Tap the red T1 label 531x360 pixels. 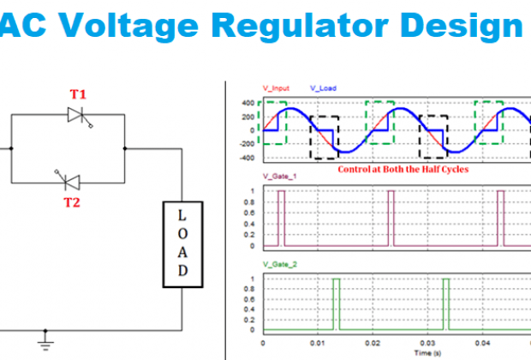pos(78,93)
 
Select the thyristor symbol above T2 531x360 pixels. pos(70,180)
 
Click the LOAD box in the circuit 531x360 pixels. pos(182,244)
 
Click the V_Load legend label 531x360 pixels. pos(324,87)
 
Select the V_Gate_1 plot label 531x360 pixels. pos(280,177)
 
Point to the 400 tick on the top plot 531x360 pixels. pos(248,103)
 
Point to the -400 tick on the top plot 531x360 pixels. pos(247,158)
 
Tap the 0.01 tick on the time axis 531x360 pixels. pos(318,342)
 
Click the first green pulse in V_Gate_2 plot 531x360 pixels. pos(336,304)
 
